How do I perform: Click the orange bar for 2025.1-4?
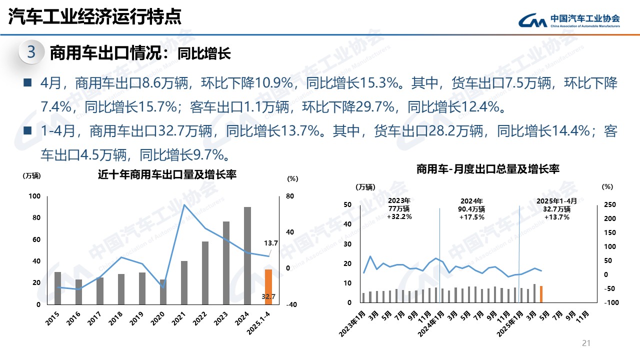tap(268, 286)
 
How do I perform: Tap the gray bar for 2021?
tap(184, 282)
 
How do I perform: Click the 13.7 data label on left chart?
tap(270, 243)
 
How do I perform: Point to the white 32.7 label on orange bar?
tap(268, 296)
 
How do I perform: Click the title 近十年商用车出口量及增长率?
tap(166, 174)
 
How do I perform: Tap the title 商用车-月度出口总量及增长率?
tap(487, 169)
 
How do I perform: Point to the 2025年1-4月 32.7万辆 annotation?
tap(556, 209)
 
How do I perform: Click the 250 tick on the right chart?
tap(610, 204)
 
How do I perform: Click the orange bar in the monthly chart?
tap(541, 294)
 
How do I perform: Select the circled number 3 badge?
tap(31, 52)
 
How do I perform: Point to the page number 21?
tap(586, 343)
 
